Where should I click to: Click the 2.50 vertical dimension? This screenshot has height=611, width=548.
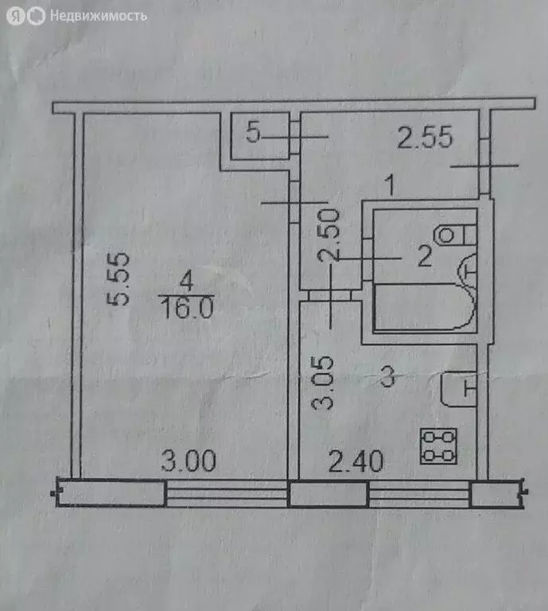(331, 235)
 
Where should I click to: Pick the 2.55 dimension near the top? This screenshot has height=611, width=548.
(425, 139)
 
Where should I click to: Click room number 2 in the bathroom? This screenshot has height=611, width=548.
(425, 257)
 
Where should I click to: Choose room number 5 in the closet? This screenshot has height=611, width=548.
(253, 133)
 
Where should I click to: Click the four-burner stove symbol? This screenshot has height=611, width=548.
(439, 445)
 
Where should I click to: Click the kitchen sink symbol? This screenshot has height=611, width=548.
(458, 389)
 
